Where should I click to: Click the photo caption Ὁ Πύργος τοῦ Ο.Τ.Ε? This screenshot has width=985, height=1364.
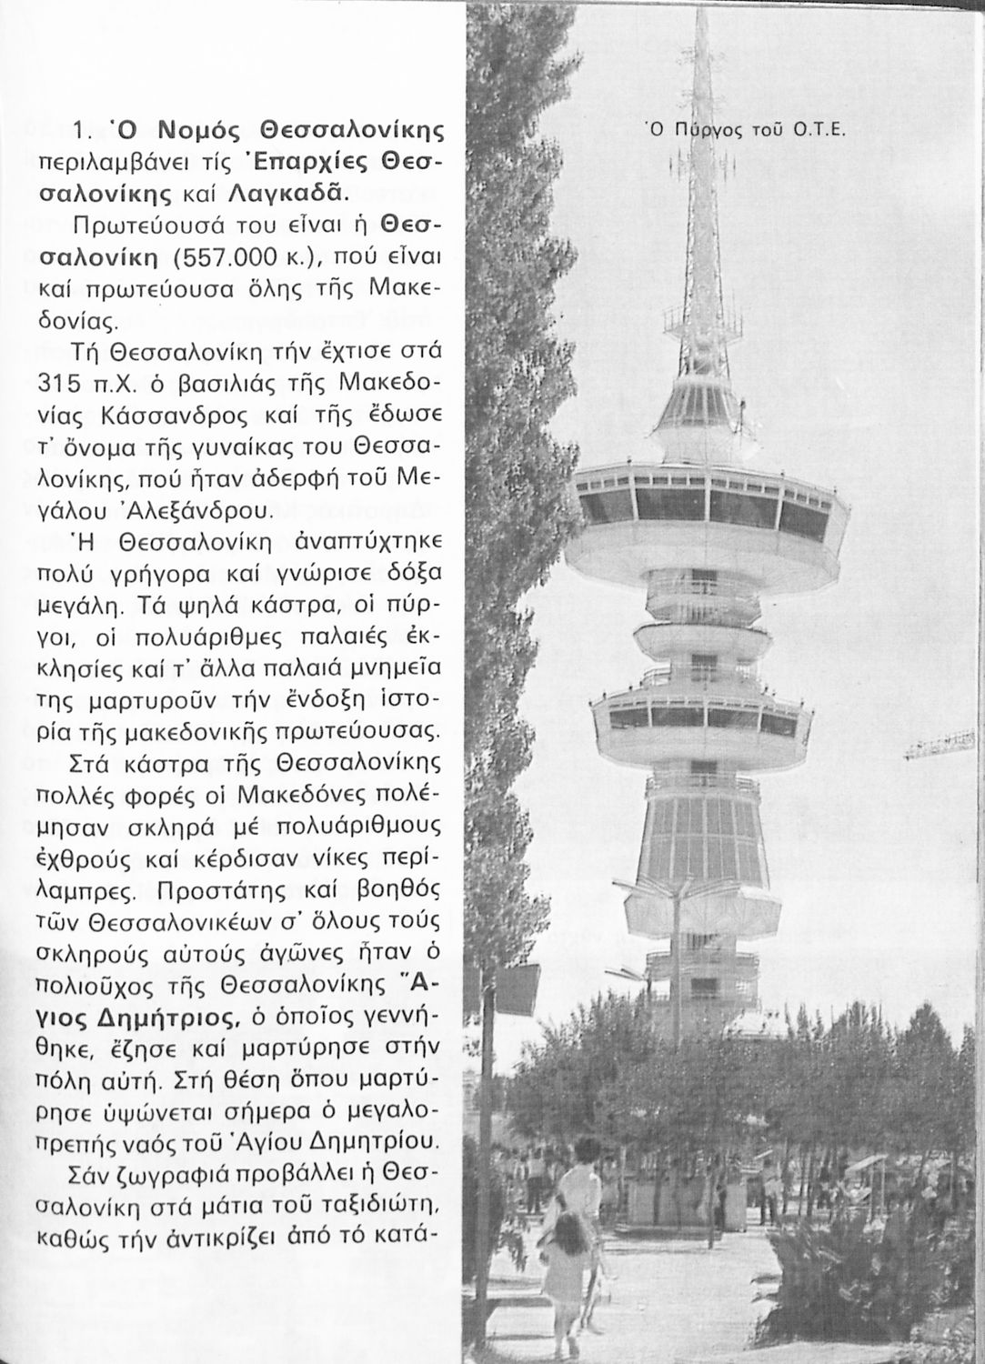745,129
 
